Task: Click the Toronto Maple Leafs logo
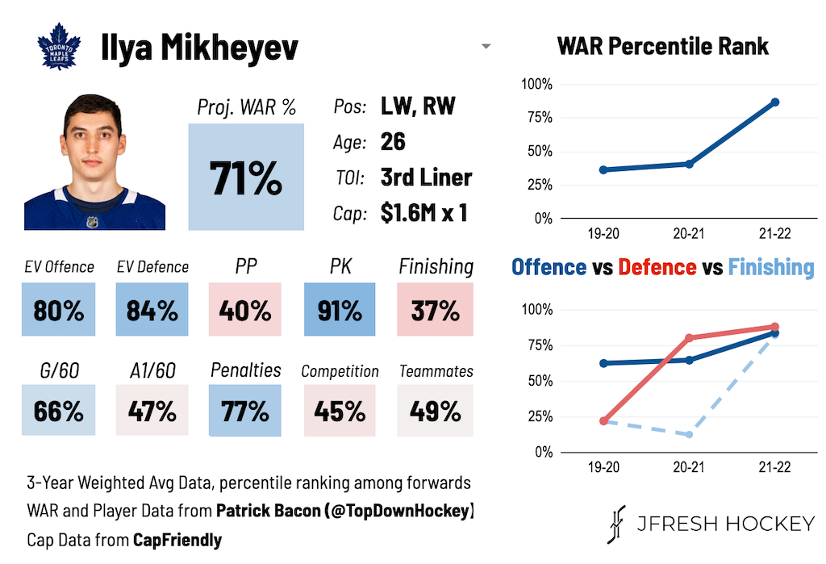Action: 60,48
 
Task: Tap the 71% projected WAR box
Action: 246,178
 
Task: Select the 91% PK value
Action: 340,310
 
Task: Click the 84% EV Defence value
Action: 152,310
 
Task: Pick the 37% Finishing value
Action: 436,310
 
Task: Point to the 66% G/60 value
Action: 59,411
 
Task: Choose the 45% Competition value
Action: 340,411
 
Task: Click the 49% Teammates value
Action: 436,411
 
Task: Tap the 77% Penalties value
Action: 245,411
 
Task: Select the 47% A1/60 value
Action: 152,411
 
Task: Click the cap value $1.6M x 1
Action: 423,213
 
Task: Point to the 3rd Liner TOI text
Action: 426,178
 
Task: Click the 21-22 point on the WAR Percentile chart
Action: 775,102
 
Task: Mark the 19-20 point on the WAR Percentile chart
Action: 603,170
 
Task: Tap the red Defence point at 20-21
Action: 690,338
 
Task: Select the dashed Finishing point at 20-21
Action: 690,435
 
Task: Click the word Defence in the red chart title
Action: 657,267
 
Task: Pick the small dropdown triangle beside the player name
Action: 486,47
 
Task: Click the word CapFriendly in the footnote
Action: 177,540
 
